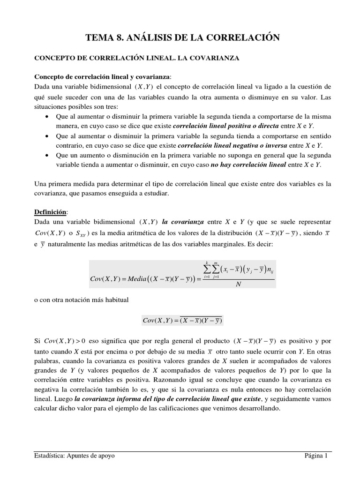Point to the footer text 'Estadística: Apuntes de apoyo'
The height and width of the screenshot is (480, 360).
(75, 456)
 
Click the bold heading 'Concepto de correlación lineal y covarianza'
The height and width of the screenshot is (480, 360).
(103, 77)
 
